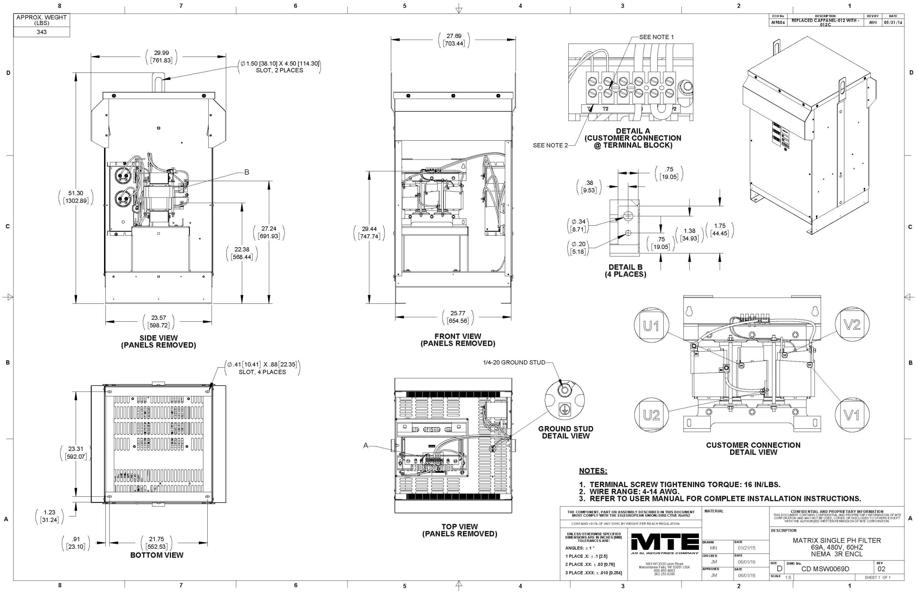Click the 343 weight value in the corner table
(x=42, y=32)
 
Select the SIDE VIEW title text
(x=158, y=338)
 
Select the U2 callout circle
(x=651, y=415)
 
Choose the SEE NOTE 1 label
(x=656, y=37)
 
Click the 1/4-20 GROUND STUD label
(x=514, y=363)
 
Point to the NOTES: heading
(x=593, y=471)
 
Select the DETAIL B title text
(x=625, y=267)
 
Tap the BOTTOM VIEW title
(x=157, y=555)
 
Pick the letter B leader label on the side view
(x=246, y=172)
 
